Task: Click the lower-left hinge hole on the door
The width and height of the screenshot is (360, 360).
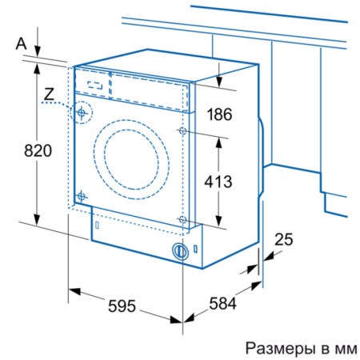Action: coord(81,194)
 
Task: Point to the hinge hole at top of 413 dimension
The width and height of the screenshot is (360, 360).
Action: coord(184,130)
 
